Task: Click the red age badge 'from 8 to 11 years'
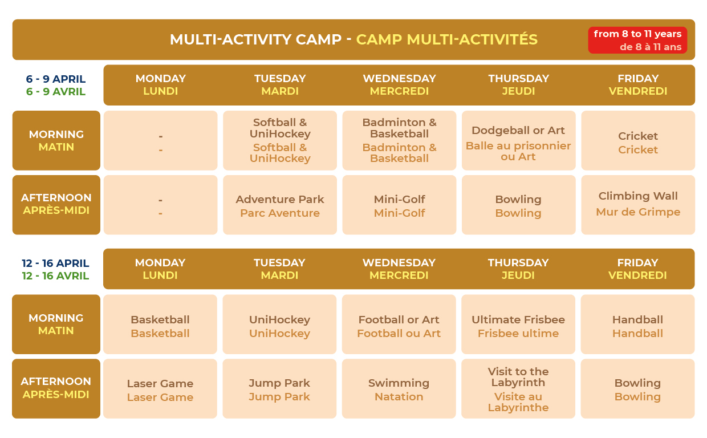(637, 40)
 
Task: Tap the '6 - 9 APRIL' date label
(55, 79)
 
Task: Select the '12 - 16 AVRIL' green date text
(55, 275)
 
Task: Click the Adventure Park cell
(280, 205)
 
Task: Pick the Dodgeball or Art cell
(519, 140)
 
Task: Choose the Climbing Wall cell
(638, 205)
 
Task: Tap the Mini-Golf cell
(399, 205)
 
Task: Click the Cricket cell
(638, 140)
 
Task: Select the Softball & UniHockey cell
(280, 140)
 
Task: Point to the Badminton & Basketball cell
(399, 140)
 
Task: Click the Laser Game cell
(160, 389)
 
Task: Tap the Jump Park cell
(279, 389)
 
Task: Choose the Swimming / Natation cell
(399, 389)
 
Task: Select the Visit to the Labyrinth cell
(518, 389)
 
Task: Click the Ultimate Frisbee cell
(518, 325)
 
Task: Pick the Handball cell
(637, 325)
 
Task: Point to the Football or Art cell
(399, 325)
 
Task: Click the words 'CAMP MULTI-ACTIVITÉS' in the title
(446, 39)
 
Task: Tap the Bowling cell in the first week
(519, 205)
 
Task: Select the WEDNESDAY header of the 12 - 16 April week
(399, 263)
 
